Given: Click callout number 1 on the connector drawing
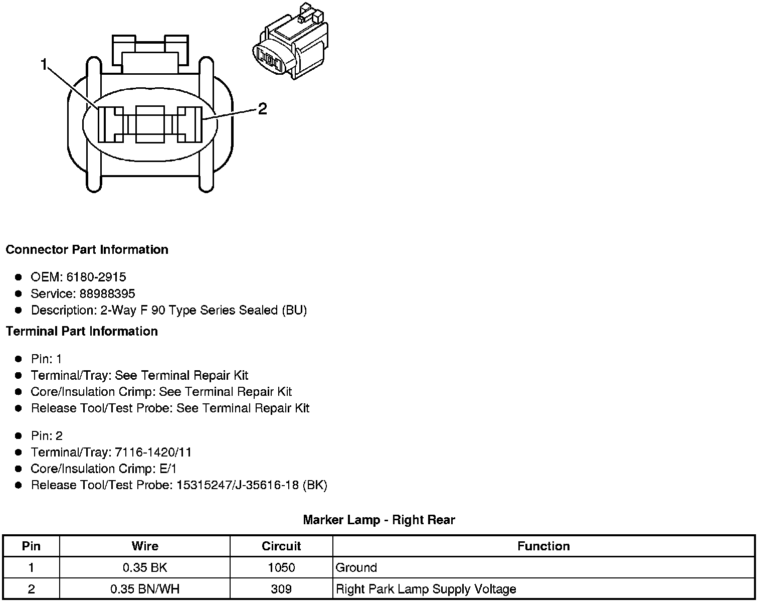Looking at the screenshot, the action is (44, 65).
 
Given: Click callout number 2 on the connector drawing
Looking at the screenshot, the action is (262, 109).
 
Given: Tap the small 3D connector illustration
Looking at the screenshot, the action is (290, 42).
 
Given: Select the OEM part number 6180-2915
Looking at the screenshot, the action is (96, 277).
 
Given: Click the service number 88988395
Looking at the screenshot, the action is (107, 293).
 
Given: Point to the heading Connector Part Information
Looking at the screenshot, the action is (87, 250).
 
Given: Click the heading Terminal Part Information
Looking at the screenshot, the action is (82, 331).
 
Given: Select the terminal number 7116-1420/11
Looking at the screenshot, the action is (153, 453).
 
